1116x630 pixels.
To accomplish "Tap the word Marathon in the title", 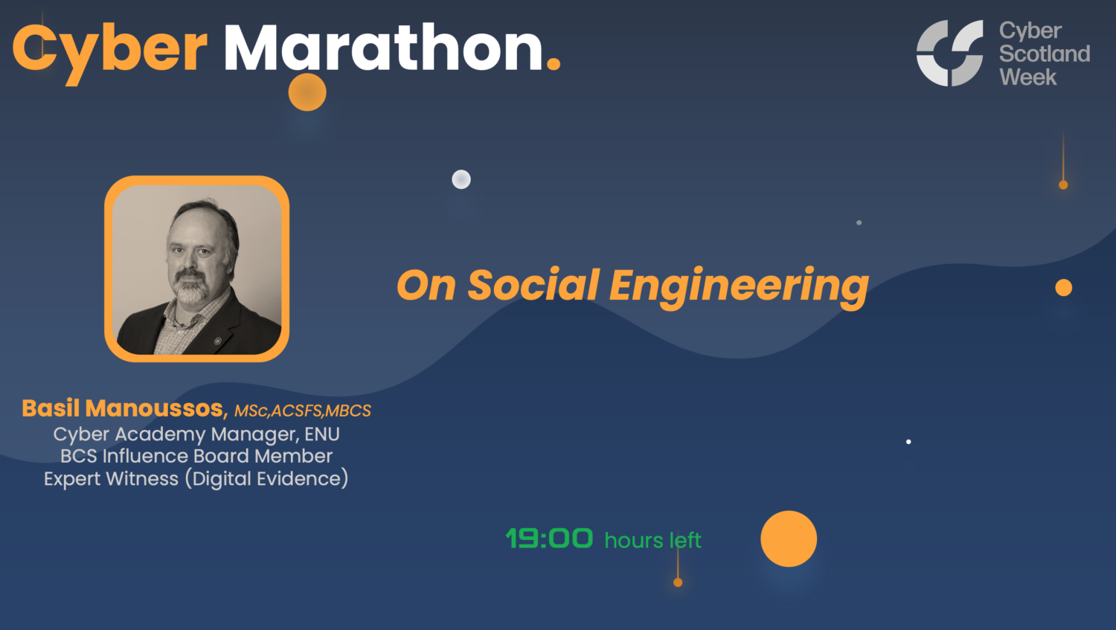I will coord(383,49).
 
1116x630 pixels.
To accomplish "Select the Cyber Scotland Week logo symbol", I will coord(949,53).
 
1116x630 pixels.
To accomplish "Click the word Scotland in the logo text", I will coord(1044,54).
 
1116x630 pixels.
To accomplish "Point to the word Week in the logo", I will coord(1027,77).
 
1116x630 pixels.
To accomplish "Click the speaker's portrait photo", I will coord(196,269).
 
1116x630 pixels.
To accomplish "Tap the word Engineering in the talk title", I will coord(738,286).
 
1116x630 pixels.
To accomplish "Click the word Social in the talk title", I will coord(533,286).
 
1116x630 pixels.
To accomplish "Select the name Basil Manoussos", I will coord(123,408).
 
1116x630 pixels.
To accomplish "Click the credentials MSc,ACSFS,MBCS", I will coord(302,411).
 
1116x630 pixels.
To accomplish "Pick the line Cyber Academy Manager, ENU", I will coord(196,434).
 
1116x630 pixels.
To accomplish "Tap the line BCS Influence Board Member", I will coord(196,456).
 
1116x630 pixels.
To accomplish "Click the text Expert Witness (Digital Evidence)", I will coord(196,478).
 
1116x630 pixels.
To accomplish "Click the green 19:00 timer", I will coord(549,539).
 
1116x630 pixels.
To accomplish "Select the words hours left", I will coord(652,540).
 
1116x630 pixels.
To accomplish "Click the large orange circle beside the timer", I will coord(789,539).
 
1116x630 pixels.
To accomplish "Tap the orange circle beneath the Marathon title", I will coord(307,92).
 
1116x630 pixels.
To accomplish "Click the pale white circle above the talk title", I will coord(461,179).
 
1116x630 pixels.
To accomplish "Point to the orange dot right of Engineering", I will coord(1064,288).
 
